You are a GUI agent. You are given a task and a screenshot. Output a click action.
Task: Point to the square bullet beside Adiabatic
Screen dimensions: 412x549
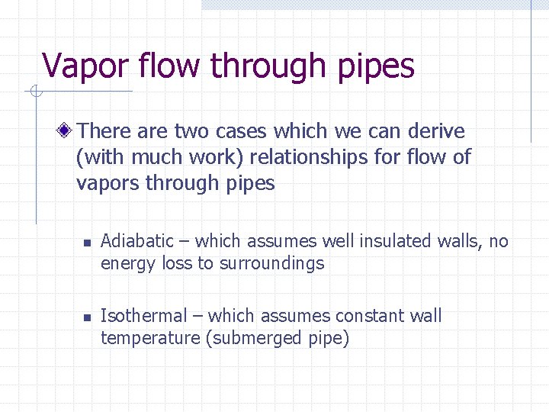pos(87,243)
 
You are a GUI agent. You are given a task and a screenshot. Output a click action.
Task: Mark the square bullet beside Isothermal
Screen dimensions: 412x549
pos(87,317)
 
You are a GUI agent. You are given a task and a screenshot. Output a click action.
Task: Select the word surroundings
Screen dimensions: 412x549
pos(272,264)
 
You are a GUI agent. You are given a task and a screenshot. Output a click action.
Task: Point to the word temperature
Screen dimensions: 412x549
pos(150,339)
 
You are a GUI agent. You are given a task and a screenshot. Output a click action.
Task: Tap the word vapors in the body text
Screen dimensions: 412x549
pos(108,184)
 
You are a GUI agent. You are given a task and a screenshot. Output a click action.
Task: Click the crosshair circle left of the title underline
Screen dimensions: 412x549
pos(34,92)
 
